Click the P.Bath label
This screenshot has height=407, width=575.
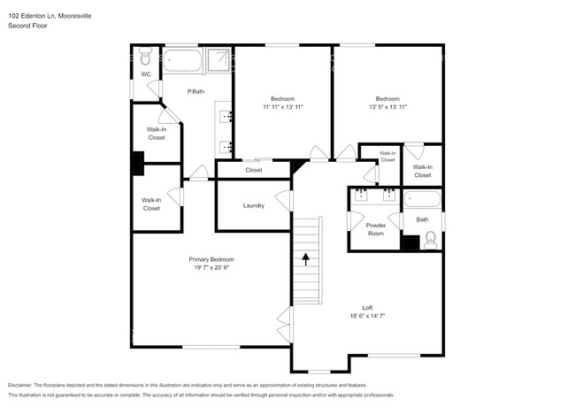[x=196, y=91]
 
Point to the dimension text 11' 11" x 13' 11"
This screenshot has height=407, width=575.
[x=282, y=106]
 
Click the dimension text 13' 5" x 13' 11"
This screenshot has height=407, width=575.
[x=387, y=106]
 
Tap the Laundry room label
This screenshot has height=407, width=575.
[x=253, y=205]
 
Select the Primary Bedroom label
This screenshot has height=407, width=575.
[x=211, y=259]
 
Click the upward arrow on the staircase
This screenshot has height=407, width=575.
[x=306, y=259]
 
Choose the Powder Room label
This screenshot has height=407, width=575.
[x=376, y=228]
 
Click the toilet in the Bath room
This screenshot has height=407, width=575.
[x=431, y=239]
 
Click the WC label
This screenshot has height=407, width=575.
[x=145, y=73]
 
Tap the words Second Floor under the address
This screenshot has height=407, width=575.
[x=27, y=26]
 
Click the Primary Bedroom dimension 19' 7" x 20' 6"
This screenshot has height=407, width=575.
[x=211, y=267]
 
